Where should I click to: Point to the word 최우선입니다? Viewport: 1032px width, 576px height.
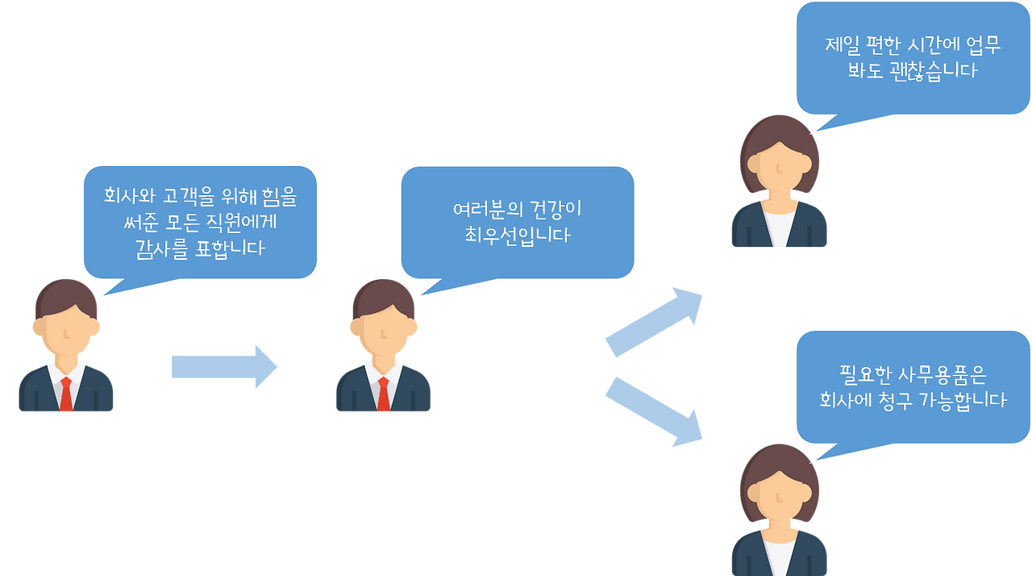[517, 236]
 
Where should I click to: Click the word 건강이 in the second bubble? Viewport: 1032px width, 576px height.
[555, 211]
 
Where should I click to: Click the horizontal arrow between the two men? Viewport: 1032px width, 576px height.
[224, 367]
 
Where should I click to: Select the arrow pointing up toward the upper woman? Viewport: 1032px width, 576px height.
[653, 321]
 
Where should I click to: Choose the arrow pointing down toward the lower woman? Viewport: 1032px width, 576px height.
[653, 411]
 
